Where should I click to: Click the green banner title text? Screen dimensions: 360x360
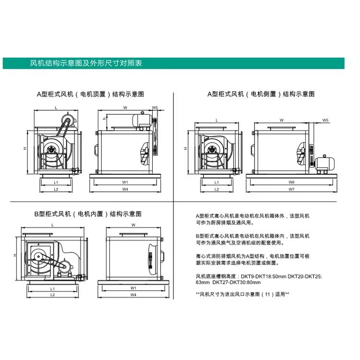pos(86,63)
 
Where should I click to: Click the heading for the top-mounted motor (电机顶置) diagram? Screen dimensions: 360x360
pos(90,94)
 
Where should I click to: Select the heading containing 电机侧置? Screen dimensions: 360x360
pos(261,94)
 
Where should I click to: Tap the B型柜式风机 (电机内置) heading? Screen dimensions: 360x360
pos(88,214)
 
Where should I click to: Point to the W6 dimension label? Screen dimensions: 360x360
pos(291,182)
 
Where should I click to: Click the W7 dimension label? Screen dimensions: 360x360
pos(291,189)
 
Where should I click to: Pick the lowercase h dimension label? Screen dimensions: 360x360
pos(104,119)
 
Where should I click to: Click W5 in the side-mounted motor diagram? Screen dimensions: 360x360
pos(325,120)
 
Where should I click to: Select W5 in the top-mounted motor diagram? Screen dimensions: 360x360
pos(155,108)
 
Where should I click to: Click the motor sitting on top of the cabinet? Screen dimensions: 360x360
pos(142,120)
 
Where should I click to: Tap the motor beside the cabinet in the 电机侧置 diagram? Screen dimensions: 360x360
pos(324,164)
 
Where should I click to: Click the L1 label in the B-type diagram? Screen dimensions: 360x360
pos(53,289)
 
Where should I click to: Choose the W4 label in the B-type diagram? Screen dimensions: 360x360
pos(133,295)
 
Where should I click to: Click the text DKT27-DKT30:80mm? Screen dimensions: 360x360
pos(237,282)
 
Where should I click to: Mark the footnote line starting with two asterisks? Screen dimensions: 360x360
pos(242,294)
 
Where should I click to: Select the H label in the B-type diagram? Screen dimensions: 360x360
pos(15,255)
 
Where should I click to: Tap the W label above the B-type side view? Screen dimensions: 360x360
pos(133,225)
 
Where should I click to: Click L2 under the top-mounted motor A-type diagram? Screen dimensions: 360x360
pos(56,189)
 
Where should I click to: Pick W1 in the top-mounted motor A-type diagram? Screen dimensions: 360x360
pos(125,182)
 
